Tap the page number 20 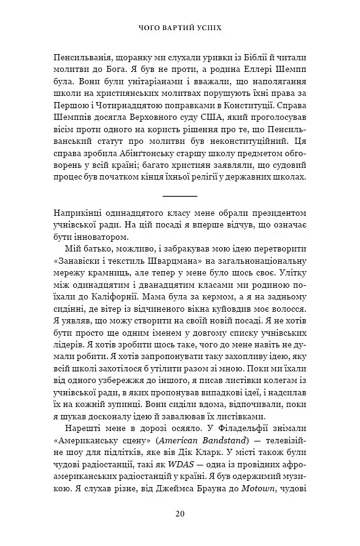click(179, 514)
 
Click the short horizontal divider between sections click(179, 195)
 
